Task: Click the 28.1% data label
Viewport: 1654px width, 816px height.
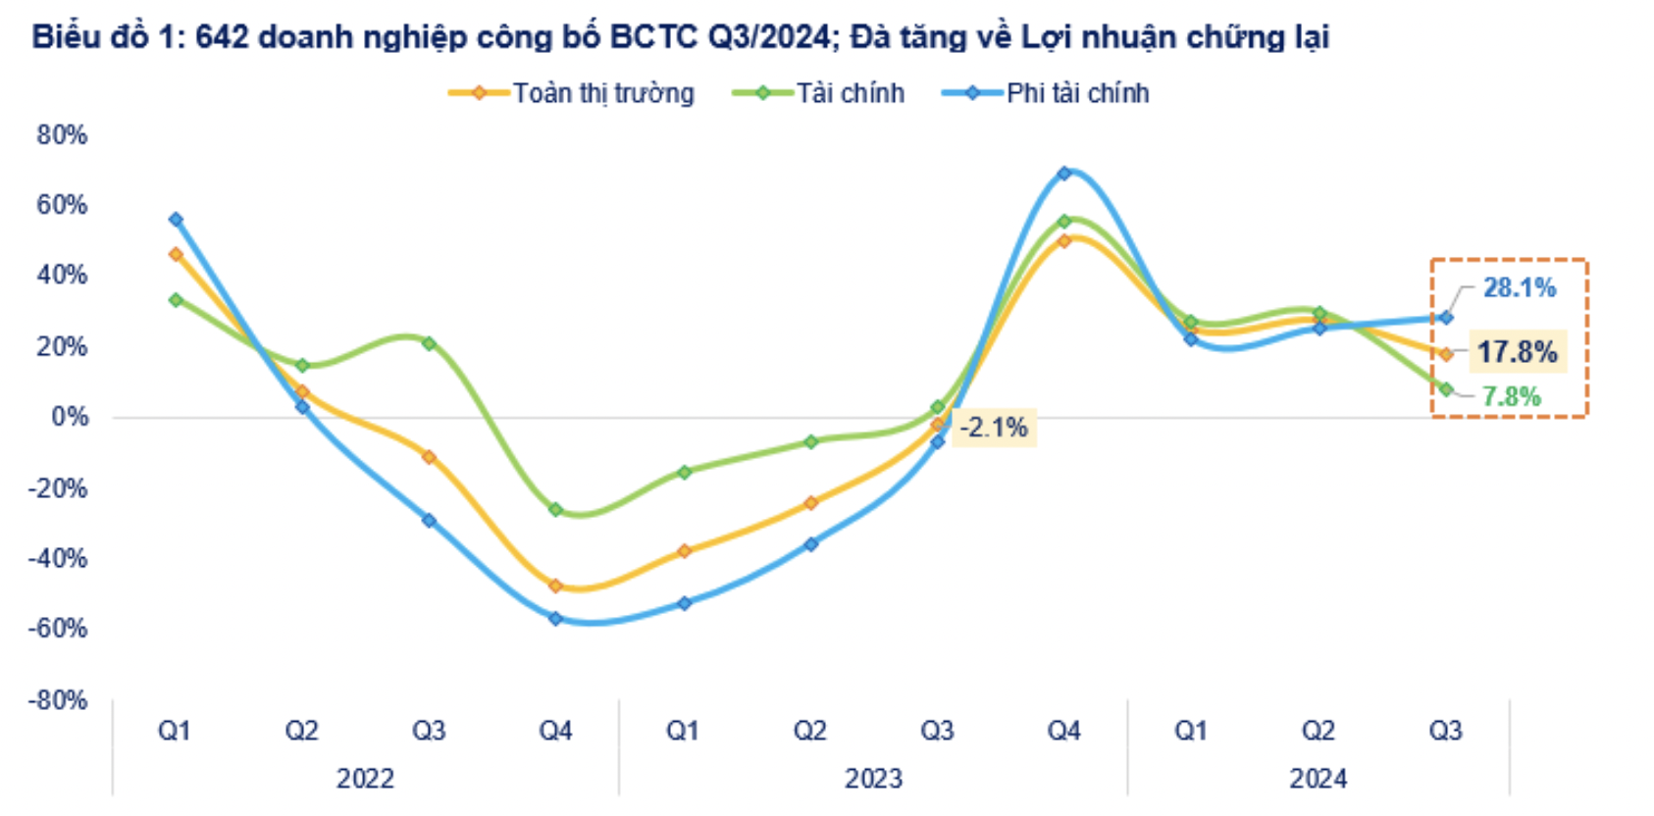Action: click(1519, 287)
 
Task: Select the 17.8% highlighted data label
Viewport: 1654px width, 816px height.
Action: click(1517, 352)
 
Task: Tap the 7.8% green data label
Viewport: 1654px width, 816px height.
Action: click(1511, 397)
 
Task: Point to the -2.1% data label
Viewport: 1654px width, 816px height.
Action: click(993, 428)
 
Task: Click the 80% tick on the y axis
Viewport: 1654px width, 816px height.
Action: click(62, 135)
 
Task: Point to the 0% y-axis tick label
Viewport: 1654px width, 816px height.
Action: click(70, 417)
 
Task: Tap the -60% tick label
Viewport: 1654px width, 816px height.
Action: click(58, 628)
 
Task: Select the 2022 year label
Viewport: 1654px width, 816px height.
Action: click(365, 779)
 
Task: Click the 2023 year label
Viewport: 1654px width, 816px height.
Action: click(873, 779)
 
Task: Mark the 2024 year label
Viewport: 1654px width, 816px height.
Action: click(1318, 779)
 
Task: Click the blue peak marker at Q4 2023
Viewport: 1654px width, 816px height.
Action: click(1064, 174)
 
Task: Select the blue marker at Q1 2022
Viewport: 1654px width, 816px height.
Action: click(176, 220)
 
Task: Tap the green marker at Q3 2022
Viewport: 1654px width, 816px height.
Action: click(429, 343)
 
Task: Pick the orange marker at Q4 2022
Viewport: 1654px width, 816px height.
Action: click(555, 586)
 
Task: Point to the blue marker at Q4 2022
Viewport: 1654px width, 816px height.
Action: click(555, 619)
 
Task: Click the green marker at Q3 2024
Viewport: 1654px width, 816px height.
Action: click(1445, 389)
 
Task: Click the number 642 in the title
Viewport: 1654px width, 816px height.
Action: click(222, 37)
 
